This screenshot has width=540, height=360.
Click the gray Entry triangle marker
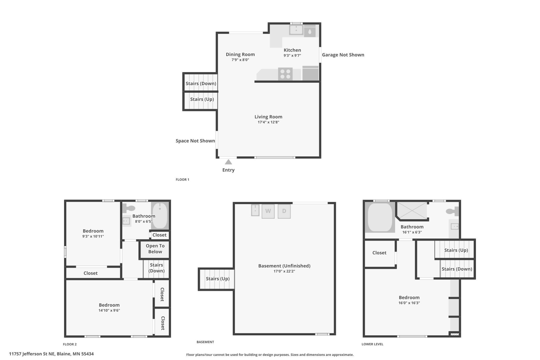(228, 162)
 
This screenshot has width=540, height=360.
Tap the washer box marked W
(268, 211)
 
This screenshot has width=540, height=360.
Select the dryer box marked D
(284, 211)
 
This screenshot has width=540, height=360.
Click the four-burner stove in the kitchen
(285, 74)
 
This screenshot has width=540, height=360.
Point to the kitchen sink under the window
(296, 30)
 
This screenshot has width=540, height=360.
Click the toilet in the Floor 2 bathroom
(129, 208)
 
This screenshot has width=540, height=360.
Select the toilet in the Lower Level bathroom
(452, 211)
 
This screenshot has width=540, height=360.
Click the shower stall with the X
(412, 210)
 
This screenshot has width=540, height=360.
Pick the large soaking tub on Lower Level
(380, 217)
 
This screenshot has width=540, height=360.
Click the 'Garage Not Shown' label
(343, 55)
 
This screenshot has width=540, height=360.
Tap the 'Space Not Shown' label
(195, 141)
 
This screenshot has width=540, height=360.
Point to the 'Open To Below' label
(155, 249)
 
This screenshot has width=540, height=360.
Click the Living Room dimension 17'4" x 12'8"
(268, 122)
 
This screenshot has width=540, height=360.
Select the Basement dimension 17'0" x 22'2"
(284, 271)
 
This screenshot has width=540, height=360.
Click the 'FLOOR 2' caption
(70, 344)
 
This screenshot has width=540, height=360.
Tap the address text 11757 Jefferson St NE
(32, 354)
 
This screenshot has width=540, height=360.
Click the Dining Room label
(240, 54)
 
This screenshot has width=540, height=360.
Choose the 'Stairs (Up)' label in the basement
(218, 279)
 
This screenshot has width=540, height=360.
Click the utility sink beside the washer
(255, 210)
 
